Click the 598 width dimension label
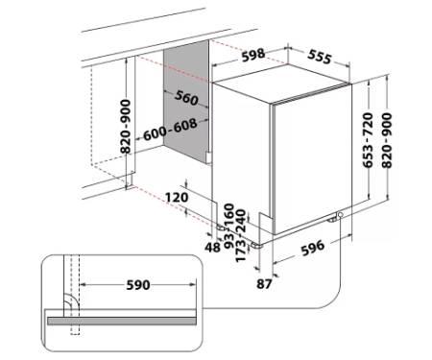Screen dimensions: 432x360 point(253,55)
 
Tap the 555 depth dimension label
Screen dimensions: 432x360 point(319,57)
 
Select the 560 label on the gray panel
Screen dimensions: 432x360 point(186,98)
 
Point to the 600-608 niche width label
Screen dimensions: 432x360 point(170,130)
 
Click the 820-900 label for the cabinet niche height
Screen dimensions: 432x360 point(126,127)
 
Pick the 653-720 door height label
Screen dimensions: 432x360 point(368,140)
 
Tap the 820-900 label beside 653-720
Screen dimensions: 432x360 point(387,140)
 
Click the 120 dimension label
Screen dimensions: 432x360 point(177,197)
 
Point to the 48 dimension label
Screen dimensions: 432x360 point(213,247)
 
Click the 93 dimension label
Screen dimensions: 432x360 point(229,239)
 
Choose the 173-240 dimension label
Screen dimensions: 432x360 point(241,236)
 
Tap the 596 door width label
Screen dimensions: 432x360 point(313,248)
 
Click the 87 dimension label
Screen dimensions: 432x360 point(264,284)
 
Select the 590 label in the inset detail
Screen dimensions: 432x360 point(138,285)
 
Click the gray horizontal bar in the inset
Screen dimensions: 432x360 point(122,321)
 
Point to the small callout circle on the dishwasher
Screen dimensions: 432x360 point(340,214)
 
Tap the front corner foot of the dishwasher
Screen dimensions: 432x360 point(257,246)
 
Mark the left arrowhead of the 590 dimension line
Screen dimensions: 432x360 point(82,284)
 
